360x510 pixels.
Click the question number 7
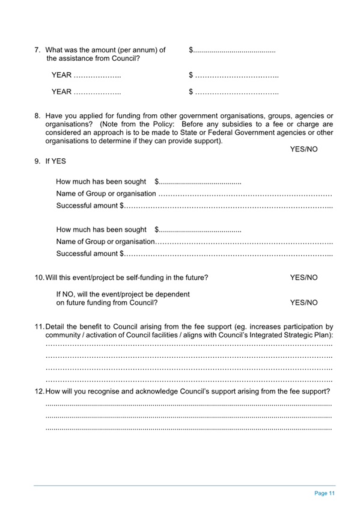pyautogui.click(x=37, y=49)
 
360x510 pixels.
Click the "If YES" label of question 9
pyautogui.click(x=55, y=161)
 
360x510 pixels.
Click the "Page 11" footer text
pyautogui.click(x=325, y=493)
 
